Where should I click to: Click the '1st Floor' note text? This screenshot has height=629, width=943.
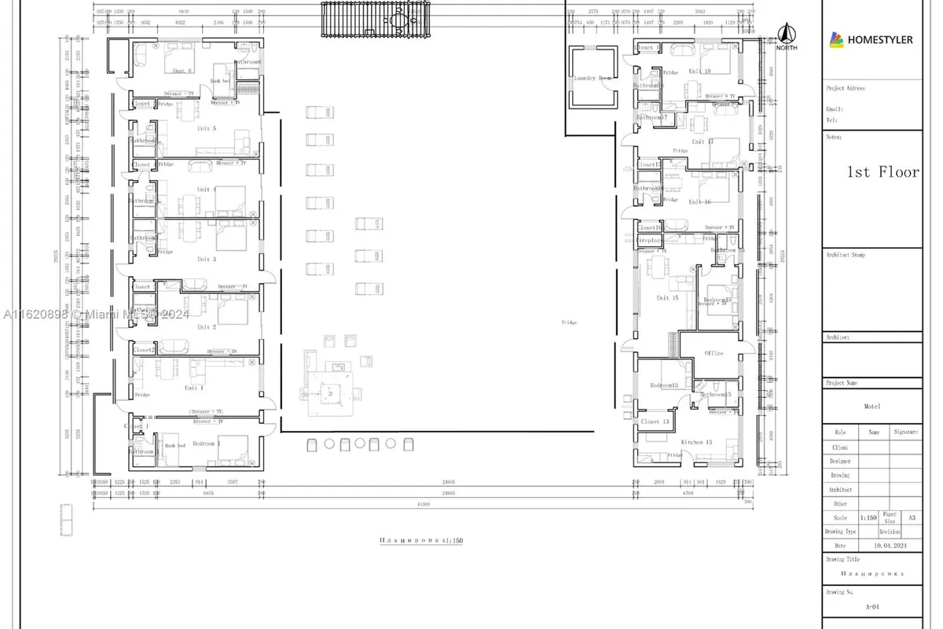[x=882, y=172]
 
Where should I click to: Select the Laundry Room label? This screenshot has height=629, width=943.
[x=593, y=79]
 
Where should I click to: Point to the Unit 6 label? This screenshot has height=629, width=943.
[x=183, y=71]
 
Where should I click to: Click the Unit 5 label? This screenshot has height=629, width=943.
[x=207, y=128]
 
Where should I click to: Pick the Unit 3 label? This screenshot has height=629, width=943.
[x=207, y=259]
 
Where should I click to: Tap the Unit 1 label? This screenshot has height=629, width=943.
[x=193, y=388]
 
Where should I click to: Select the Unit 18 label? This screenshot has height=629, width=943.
[x=699, y=72]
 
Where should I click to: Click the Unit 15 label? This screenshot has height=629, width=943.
[x=667, y=298]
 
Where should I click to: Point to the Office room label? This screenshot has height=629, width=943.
[x=714, y=353]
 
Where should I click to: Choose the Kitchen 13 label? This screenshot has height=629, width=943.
[x=696, y=443]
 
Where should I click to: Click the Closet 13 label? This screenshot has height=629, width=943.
[x=655, y=421]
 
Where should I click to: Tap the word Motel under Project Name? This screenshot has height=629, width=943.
[x=871, y=406]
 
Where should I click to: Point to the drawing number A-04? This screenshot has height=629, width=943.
[x=871, y=606]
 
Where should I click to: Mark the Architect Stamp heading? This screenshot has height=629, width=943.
[x=846, y=255]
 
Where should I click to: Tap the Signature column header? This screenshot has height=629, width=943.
[x=905, y=432]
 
